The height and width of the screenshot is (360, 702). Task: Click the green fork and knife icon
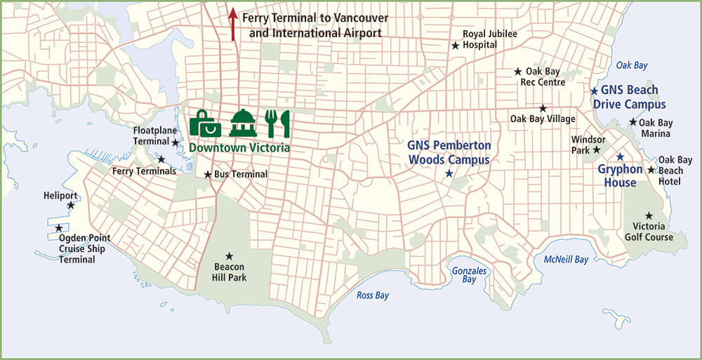(x=277, y=124)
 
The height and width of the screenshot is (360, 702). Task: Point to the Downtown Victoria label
(x=239, y=148)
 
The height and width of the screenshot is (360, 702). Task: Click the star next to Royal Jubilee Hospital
(x=455, y=45)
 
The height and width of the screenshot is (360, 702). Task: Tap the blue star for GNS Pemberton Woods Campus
(x=449, y=173)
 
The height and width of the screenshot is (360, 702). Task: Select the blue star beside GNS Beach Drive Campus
(x=594, y=91)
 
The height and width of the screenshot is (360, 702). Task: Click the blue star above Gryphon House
(x=620, y=156)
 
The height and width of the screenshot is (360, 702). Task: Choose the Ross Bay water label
(x=373, y=295)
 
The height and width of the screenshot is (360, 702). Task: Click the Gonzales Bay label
(x=464, y=274)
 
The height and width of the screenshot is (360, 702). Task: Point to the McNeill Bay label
(x=566, y=260)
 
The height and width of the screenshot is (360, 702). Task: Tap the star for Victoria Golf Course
(x=649, y=215)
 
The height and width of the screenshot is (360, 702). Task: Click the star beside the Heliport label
(x=71, y=206)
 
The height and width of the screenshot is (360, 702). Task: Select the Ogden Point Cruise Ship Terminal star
(x=59, y=228)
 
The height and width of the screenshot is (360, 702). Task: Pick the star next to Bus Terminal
(x=208, y=174)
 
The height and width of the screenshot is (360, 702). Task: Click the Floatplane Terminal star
(x=175, y=142)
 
